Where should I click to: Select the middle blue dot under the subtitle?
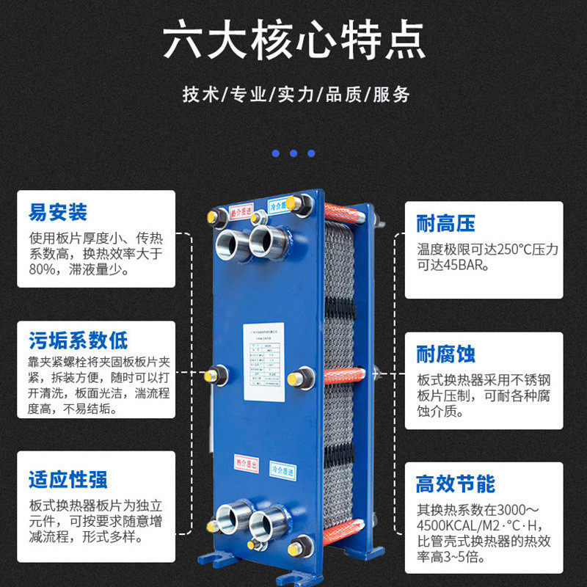click(293, 153)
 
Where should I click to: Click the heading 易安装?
click(58, 213)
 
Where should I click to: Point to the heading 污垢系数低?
click(79, 340)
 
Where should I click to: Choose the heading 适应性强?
click(68, 479)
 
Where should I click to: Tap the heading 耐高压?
click(445, 224)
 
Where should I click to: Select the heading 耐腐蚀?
click(445, 354)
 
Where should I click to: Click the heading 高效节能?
click(455, 484)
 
